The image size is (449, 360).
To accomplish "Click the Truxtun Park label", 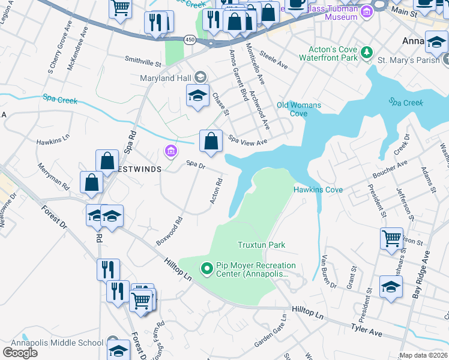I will (261, 245).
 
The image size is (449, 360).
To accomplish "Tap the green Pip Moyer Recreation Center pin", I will (207, 268).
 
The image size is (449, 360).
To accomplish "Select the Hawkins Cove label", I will (318, 190).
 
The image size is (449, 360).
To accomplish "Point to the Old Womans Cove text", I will (298, 109).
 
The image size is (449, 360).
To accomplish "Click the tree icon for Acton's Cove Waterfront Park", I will (366, 54).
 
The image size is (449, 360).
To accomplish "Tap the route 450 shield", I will (190, 40).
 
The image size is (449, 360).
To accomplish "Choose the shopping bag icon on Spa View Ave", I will (211, 142).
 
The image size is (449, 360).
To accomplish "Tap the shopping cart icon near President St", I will (391, 238).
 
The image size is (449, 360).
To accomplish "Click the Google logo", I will (20, 353).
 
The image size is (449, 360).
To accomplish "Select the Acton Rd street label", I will (217, 190).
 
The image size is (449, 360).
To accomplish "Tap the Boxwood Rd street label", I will (169, 230).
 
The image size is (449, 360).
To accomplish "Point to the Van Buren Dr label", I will (329, 271).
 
